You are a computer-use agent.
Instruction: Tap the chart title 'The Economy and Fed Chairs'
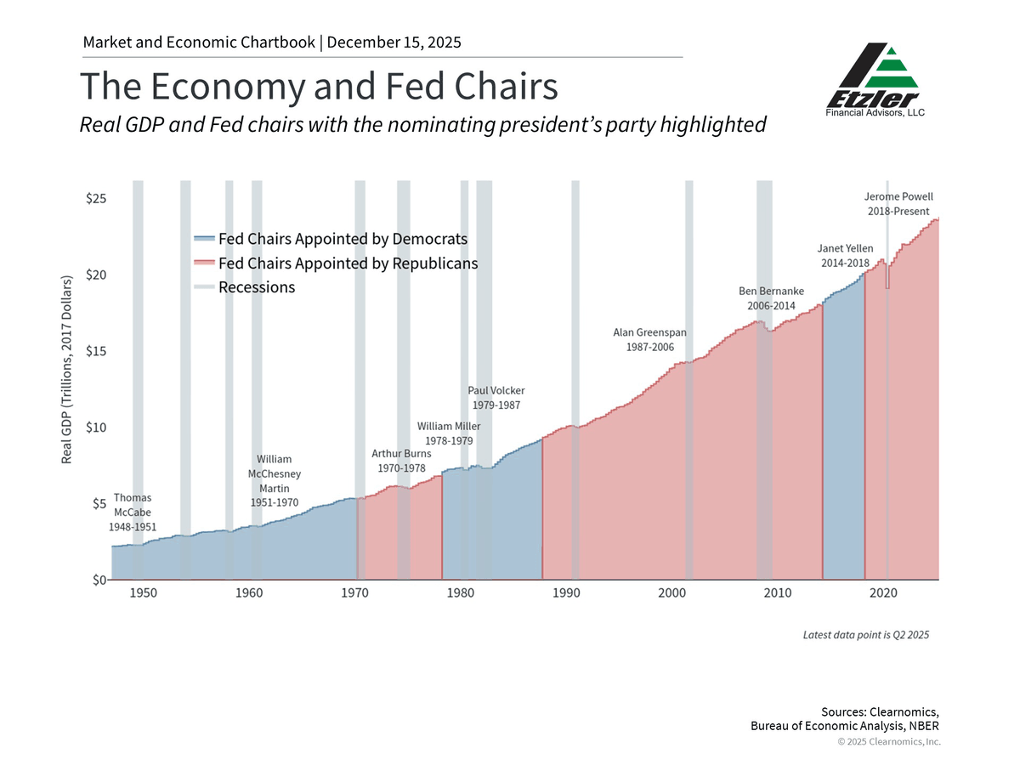pos(319,87)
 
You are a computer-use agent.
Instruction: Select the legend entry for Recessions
pos(256,287)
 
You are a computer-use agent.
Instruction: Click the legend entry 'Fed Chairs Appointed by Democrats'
pos(343,239)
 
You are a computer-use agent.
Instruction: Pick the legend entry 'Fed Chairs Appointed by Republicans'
pos(348,263)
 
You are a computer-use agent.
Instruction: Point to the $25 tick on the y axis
pos(95,199)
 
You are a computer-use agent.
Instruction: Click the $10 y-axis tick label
pos(95,428)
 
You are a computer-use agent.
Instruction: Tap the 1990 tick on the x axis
pos(566,592)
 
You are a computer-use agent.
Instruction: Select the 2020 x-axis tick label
pos(885,592)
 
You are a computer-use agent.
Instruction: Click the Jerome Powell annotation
pos(898,204)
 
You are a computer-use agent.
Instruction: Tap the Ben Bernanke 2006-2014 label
pos(770,297)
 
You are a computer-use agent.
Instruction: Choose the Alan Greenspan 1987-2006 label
pos(649,340)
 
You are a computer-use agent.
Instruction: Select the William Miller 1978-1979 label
pos(449,433)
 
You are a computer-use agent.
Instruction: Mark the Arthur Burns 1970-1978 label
pos(401,461)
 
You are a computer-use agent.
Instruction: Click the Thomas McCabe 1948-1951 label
pos(133,512)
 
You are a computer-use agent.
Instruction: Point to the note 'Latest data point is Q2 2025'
pos(866,635)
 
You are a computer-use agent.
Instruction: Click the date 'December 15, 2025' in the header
pos(394,42)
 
